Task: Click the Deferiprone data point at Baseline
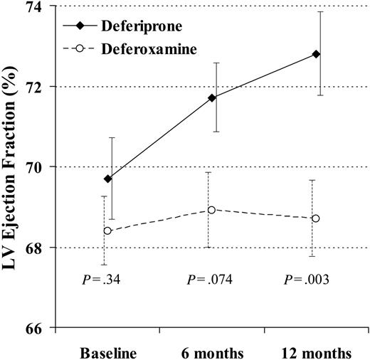pos(107,179)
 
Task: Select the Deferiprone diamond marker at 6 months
pos(212,97)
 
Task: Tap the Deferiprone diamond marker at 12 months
pos(316,54)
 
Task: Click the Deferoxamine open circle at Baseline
pos(107,231)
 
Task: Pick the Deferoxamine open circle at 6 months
pos(211,210)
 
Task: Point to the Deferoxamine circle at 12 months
pos(316,218)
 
